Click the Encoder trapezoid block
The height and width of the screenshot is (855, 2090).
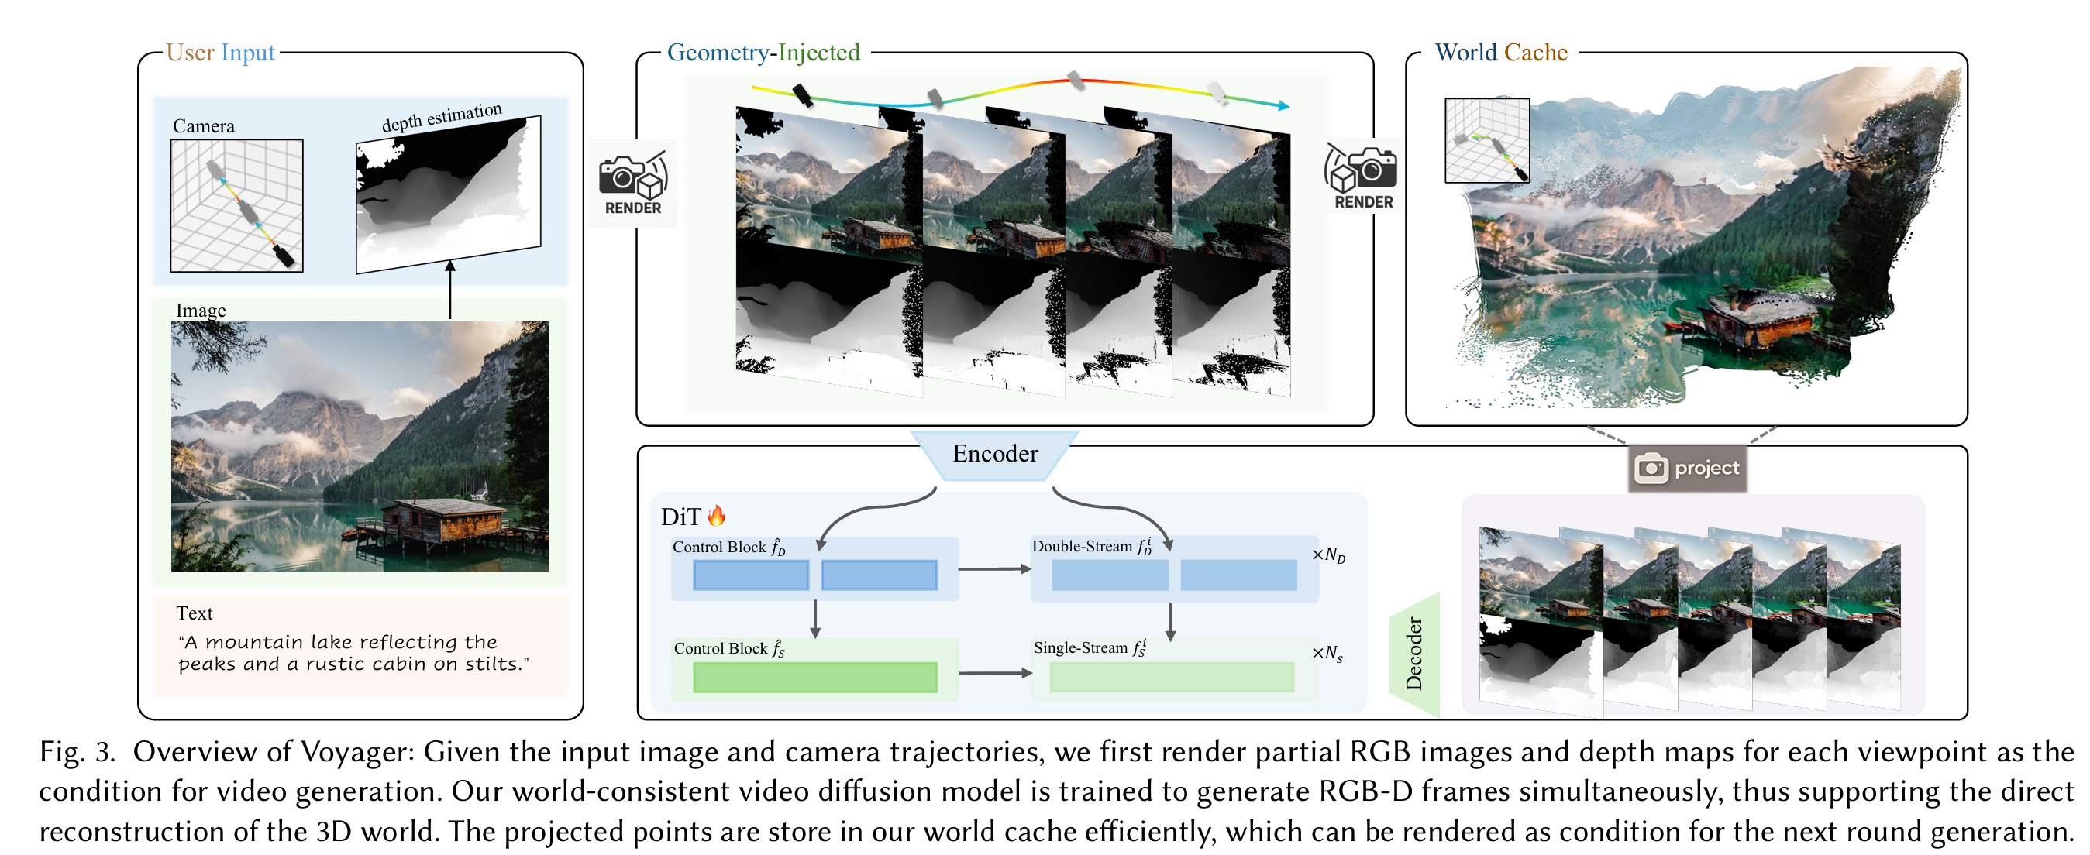(994, 455)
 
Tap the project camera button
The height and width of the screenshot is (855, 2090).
(1687, 469)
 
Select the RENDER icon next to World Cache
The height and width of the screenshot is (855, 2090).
(1363, 177)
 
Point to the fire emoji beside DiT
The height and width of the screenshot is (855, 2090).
(716, 516)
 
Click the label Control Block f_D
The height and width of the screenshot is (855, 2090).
(728, 548)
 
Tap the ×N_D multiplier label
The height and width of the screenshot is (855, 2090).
(1328, 555)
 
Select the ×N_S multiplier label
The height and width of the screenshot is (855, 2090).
(1327, 654)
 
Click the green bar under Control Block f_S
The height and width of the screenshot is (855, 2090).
(814, 678)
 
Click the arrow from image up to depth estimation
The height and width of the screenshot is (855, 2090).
(449, 290)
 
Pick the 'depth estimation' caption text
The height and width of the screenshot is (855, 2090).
(442, 117)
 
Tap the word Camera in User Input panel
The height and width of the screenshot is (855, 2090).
(204, 126)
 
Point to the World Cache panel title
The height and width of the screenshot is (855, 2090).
(1500, 53)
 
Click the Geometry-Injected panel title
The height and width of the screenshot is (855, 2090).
(763, 53)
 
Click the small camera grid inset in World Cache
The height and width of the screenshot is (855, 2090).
(1486, 140)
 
